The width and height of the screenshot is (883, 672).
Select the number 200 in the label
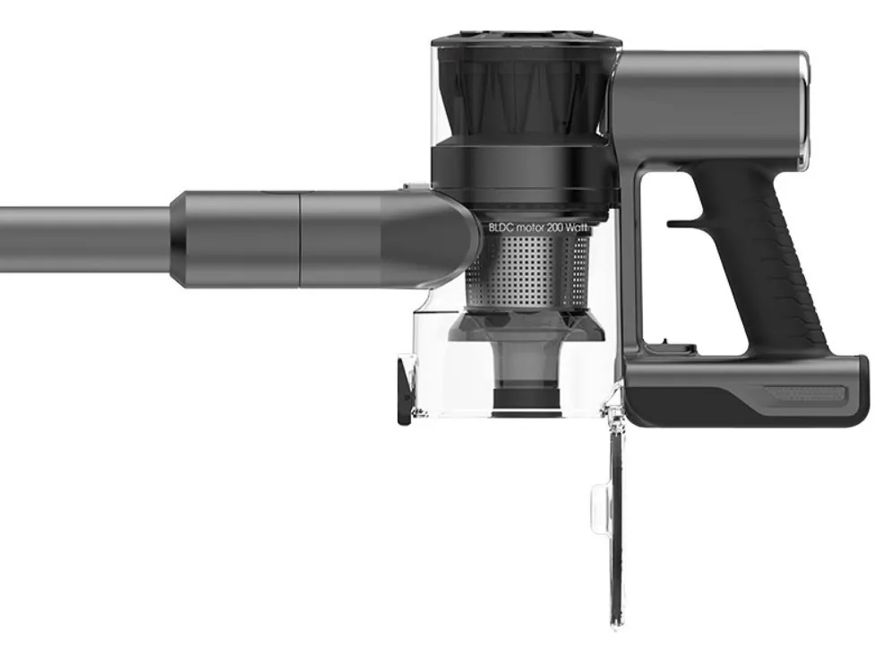(x=554, y=228)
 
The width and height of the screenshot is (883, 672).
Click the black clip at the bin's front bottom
(x=404, y=389)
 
